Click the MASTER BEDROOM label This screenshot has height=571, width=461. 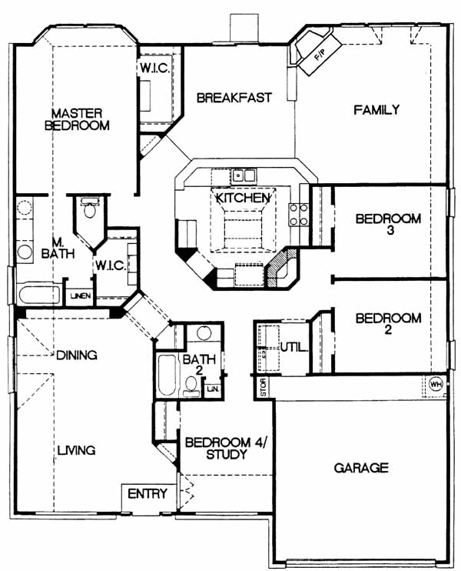coord(77,119)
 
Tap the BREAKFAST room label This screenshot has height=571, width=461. coord(234,98)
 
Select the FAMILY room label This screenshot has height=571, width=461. coord(376,109)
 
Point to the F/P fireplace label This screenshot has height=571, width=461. coord(320,55)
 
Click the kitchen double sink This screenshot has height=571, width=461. coord(244,176)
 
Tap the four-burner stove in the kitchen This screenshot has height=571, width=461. coord(298,215)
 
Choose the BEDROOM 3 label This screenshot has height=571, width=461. coord(388,225)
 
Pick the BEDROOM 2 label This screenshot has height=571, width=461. coord(388,324)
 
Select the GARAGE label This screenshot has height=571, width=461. coord(361,468)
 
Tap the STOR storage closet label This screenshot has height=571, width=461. coord(264,388)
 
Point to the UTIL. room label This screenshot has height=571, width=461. coord(294,347)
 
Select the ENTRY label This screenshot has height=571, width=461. coord(148,494)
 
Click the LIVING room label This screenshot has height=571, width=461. coord(77,450)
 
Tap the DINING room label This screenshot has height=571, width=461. coord(77,355)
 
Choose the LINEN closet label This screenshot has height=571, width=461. coord(81,296)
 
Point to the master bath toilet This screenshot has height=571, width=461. coord(89,207)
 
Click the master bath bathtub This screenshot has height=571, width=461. coord(38,295)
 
